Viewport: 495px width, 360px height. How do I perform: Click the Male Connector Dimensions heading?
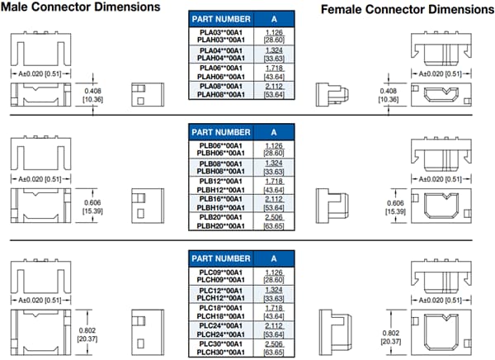click(80, 7)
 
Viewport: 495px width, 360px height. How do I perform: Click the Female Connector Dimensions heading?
click(405, 9)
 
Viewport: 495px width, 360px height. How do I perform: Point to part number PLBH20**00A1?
click(220, 225)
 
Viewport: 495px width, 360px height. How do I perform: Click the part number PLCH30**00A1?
click(220, 351)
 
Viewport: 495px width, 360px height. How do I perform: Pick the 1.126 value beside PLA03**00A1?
click(274, 31)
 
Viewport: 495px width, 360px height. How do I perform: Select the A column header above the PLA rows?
click(274, 17)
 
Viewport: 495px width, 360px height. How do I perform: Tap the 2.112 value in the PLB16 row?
click(274, 199)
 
